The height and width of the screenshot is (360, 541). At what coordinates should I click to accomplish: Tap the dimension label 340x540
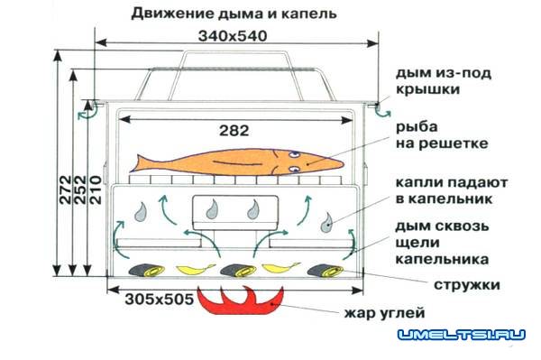[x=236, y=35]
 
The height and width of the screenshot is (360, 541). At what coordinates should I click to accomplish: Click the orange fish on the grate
[x=239, y=163]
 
